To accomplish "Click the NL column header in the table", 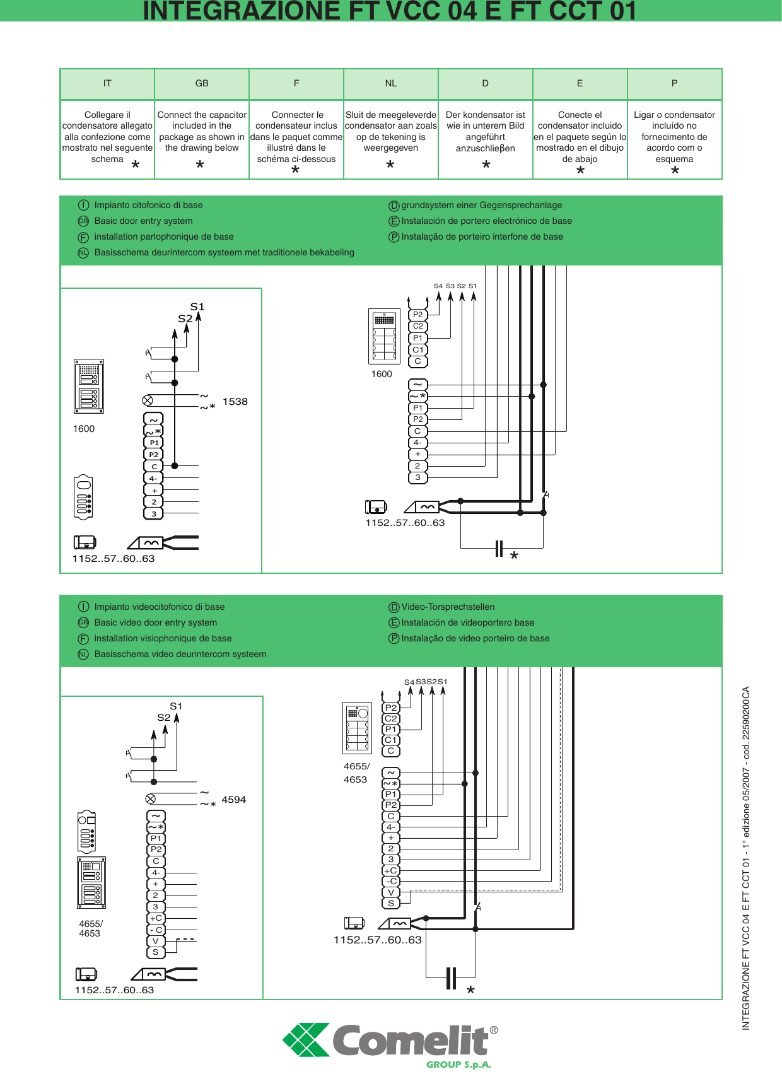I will coord(391,83).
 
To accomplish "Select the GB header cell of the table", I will coord(202,83).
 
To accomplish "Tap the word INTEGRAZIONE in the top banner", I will coord(234,11).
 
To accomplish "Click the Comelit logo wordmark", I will coord(410,1041).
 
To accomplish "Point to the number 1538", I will coord(235,402).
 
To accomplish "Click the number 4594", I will coord(234,800).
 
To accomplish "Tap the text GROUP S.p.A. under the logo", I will coord(458,1065).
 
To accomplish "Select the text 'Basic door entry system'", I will coord(143,221).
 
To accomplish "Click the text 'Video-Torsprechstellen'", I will coord(448,607).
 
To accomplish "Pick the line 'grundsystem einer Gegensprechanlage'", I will coord(481,205).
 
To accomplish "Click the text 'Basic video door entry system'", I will coord(155,622).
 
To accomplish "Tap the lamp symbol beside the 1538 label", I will coord(148,400).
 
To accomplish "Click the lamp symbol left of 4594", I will coord(151,798).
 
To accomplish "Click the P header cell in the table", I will coord(674,83).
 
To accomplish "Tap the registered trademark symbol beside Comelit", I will coord(494,1030).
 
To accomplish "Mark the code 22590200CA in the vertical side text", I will coord(746,718).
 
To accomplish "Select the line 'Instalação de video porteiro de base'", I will coord(476,638).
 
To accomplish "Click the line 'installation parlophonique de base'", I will coord(164,236).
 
